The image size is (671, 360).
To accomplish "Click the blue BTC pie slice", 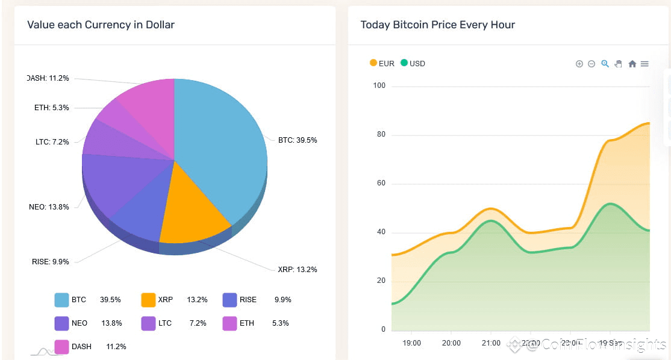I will pyautogui.click(x=223, y=144).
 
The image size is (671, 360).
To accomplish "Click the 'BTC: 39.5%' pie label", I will pyautogui.click(x=297, y=140).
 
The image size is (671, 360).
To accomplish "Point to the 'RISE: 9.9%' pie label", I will pyautogui.click(x=51, y=262).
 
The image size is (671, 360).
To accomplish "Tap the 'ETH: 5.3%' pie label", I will pyautogui.click(x=52, y=108).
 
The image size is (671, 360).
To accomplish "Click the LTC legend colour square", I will pyautogui.click(x=148, y=323).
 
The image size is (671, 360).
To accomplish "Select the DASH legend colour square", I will pyautogui.click(x=61, y=347).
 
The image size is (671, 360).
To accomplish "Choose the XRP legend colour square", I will pyautogui.click(x=148, y=300).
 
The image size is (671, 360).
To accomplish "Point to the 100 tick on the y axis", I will pyautogui.click(x=379, y=85).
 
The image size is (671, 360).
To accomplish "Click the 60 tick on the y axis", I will pyautogui.click(x=379, y=184).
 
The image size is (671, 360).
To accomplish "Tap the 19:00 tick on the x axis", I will pyautogui.click(x=412, y=343).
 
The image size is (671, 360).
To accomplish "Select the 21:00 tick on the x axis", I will pyautogui.click(x=491, y=343).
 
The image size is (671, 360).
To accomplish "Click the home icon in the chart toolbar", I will pyautogui.click(x=632, y=64).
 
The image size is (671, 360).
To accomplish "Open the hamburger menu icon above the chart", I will pyautogui.click(x=644, y=64).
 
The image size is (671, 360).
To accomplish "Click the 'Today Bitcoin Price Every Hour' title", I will pyautogui.click(x=437, y=25).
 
